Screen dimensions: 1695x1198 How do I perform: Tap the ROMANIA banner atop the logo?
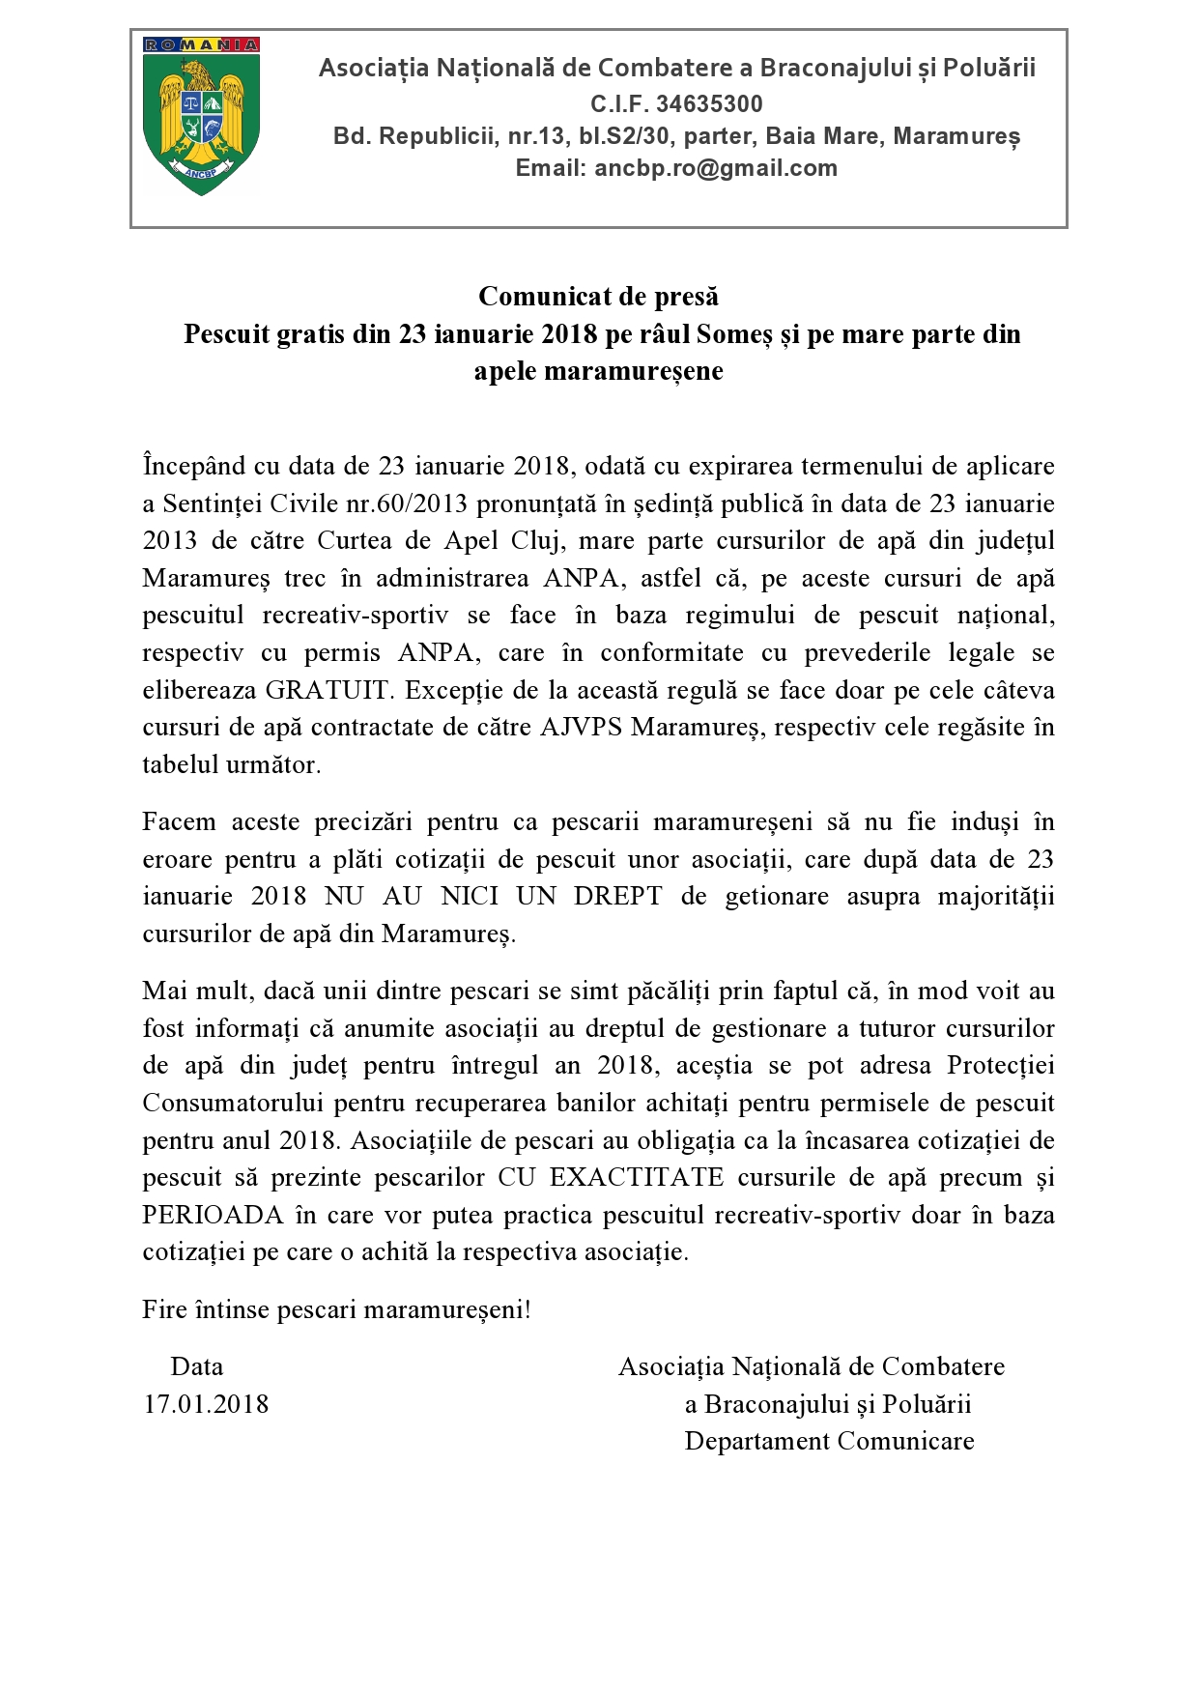[x=201, y=44]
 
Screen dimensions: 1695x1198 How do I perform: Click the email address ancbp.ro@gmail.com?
[x=716, y=168]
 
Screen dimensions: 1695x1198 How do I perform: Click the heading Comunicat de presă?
[x=598, y=296]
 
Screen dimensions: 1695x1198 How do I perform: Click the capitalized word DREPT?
[x=617, y=896]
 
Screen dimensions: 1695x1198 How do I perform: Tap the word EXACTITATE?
[x=637, y=1177]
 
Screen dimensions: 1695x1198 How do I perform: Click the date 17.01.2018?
[x=206, y=1404]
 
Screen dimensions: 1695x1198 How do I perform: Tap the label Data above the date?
[x=197, y=1366]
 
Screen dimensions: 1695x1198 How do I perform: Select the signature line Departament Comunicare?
[x=829, y=1441]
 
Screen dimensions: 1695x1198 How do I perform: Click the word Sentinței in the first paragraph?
[x=213, y=503]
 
